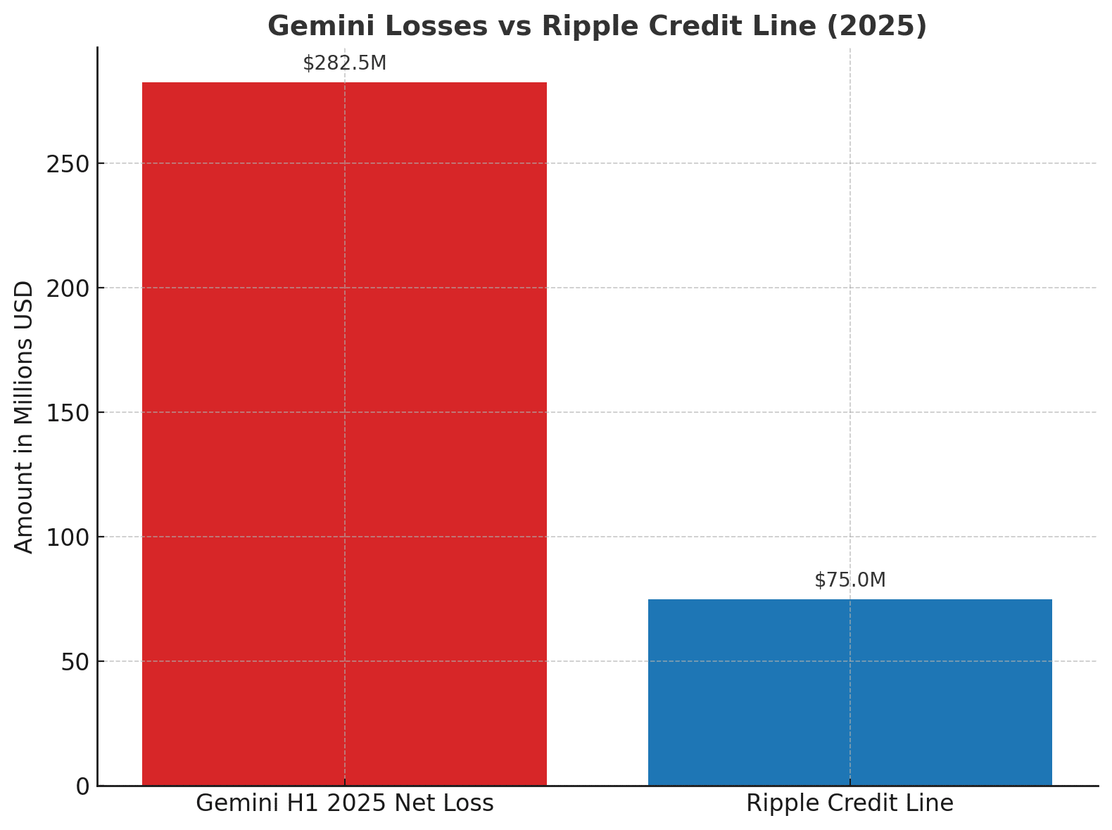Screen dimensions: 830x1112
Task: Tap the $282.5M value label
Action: coord(344,63)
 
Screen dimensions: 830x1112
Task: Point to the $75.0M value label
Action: coord(849,580)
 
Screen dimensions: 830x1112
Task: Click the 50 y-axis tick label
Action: coord(75,662)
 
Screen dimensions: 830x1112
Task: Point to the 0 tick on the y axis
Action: coord(83,786)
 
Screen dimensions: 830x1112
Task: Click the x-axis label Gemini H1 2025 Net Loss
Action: coord(344,803)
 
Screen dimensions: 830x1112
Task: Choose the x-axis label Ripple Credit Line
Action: coord(849,803)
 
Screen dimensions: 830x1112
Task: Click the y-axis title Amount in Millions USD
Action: coord(24,416)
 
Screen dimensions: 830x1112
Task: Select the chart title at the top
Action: coord(597,26)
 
